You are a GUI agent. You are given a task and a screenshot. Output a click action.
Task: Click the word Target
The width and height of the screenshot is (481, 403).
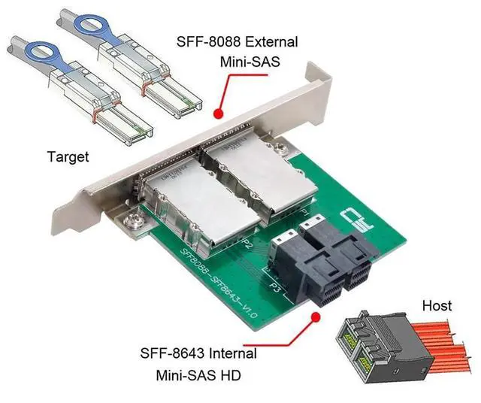click(x=68, y=157)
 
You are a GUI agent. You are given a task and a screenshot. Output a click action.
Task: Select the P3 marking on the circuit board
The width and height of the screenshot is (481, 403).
click(x=275, y=286)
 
